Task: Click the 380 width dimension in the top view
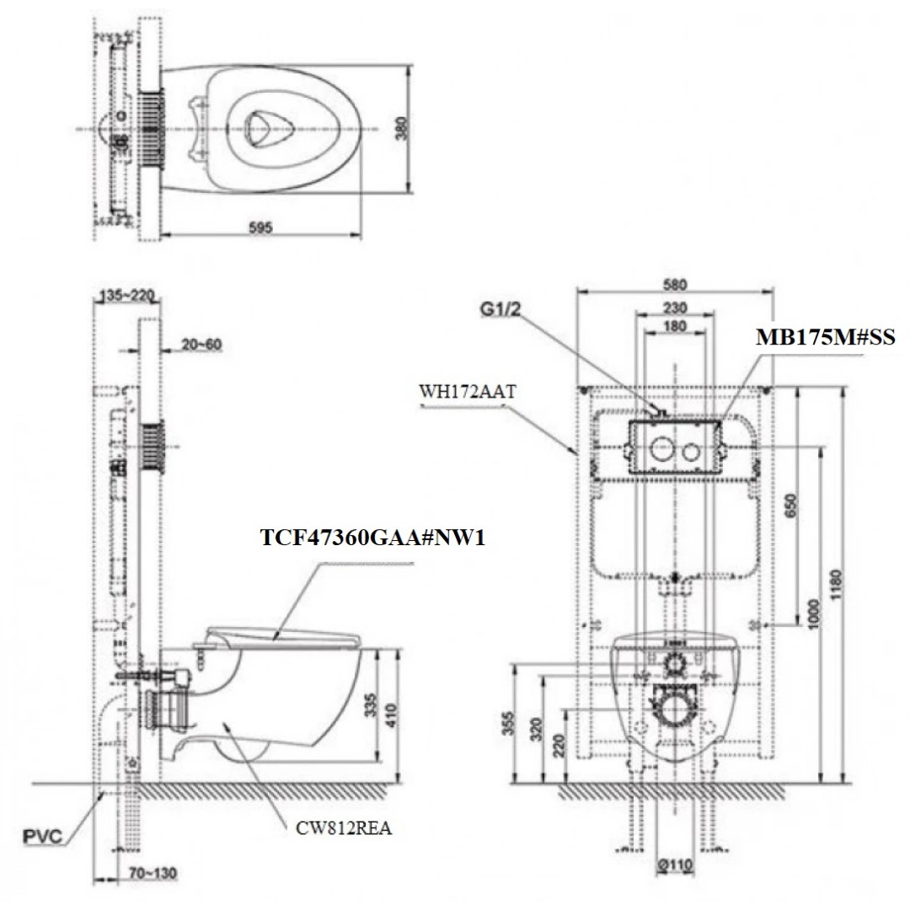click(x=402, y=128)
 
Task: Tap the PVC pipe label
click(x=41, y=837)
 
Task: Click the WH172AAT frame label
click(x=465, y=391)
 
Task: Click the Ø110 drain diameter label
click(x=674, y=864)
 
